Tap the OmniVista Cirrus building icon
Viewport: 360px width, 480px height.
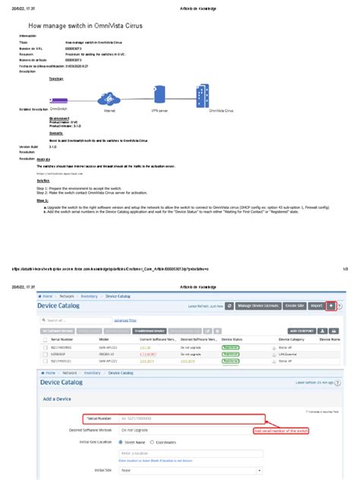click(x=203, y=96)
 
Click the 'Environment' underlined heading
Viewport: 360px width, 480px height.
click(x=60, y=118)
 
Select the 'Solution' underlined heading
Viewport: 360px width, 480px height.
click(x=43, y=181)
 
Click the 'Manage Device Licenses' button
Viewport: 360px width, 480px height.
click(x=260, y=305)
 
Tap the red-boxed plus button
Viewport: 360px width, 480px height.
click(x=330, y=305)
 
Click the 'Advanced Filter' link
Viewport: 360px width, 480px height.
click(x=125, y=321)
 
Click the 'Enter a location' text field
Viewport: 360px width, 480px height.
click(x=190, y=453)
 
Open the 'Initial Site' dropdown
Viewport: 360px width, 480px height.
click(x=190, y=471)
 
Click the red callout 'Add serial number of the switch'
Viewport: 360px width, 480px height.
click(x=281, y=431)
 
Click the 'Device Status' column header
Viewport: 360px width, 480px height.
click(x=232, y=339)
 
